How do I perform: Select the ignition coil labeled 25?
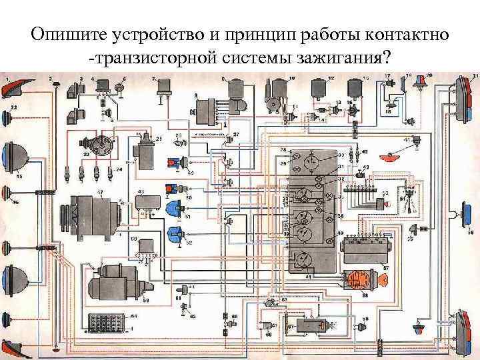click(x=144, y=149)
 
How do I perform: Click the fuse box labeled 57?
click(x=363, y=250)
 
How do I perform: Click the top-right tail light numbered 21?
click(x=463, y=97)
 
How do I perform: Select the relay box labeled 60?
click(x=143, y=247)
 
